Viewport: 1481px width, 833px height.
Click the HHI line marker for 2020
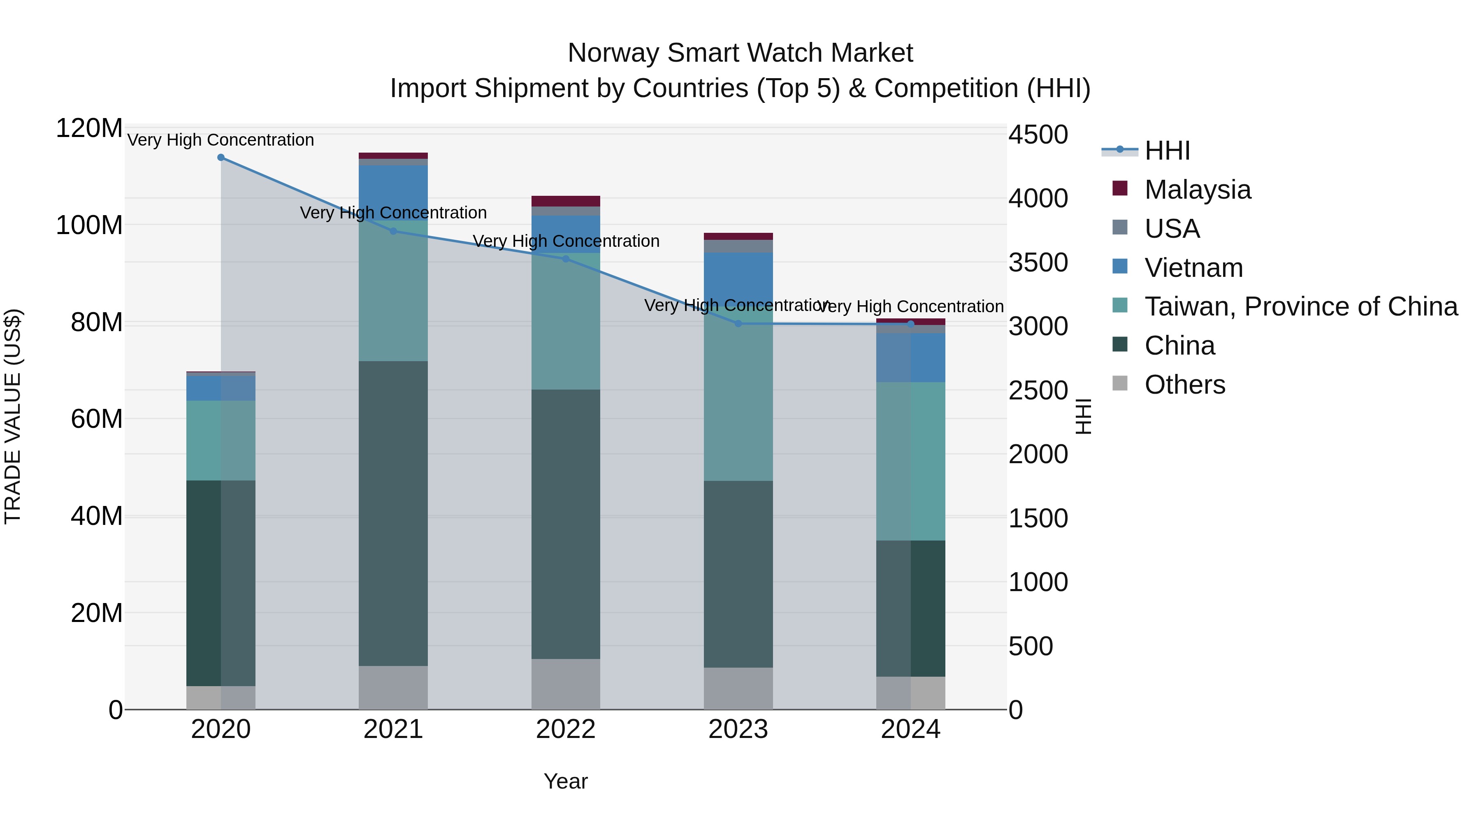(221, 158)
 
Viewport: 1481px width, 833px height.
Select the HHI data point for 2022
(566, 259)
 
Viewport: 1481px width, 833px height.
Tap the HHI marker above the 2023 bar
(738, 324)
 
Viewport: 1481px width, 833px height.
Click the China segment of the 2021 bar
(393, 513)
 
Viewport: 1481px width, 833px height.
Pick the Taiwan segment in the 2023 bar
(738, 402)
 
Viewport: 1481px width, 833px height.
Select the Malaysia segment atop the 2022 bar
(566, 201)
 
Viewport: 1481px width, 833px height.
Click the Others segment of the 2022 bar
(566, 684)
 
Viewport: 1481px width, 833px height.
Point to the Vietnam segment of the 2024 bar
(911, 357)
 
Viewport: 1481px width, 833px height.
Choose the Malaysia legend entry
(1198, 190)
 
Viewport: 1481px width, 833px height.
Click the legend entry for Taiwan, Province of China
(1300, 306)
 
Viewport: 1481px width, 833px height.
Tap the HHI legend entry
(1167, 151)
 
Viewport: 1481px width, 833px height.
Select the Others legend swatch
(1120, 383)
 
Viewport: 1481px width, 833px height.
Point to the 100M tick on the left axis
(89, 225)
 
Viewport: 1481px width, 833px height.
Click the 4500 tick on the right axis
(1038, 135)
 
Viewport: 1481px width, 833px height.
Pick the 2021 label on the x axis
(393, 729)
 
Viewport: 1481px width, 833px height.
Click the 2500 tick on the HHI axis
(1038, 391)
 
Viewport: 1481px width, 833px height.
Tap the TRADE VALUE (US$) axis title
(13, 416)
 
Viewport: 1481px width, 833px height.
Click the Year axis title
(566, 781)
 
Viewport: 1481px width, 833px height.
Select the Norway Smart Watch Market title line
(740, 53)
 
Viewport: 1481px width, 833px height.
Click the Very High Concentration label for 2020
(221, 140)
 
